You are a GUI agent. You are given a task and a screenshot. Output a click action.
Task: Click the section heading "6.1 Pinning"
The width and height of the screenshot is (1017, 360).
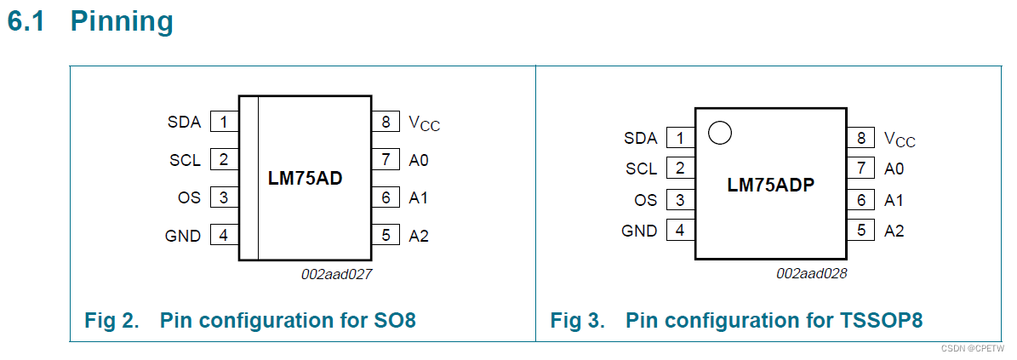point(90,21)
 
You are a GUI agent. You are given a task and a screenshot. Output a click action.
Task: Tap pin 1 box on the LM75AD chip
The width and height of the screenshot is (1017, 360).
point(224,122)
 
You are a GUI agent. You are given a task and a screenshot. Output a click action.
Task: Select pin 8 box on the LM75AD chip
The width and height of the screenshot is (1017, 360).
point(386,122)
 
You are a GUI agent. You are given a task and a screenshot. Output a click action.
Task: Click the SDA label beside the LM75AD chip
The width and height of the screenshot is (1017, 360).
point(184,122)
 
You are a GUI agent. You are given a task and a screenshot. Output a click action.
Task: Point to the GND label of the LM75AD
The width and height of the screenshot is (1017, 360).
point(183,236)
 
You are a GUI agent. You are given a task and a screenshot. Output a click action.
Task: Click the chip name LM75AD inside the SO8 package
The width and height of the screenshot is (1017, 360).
point(305,179)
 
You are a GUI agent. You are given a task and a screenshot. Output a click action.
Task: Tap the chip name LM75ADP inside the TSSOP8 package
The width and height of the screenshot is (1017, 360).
point(771,184)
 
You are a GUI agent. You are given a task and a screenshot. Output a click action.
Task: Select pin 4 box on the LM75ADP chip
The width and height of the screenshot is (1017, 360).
point(680,230)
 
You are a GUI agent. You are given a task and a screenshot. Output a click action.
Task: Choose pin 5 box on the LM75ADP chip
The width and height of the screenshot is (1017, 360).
point(861,230)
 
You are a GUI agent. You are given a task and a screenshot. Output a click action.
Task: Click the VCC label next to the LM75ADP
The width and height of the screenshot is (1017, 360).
point(900,139)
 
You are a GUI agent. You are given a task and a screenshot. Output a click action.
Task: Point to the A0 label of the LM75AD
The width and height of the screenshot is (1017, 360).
point(418,159)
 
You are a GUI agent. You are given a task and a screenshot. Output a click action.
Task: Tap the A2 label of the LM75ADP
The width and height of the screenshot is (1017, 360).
point(894,231)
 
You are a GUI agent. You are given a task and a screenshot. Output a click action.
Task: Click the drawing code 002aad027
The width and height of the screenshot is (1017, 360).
point(337,274)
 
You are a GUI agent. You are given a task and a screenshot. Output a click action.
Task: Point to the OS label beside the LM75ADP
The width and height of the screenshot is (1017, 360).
point(646,200)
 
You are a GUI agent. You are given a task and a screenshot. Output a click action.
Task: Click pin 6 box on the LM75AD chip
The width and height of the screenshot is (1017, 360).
point(386,197)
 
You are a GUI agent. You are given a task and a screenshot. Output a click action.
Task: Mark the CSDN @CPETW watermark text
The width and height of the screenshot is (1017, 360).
point(977,348)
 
